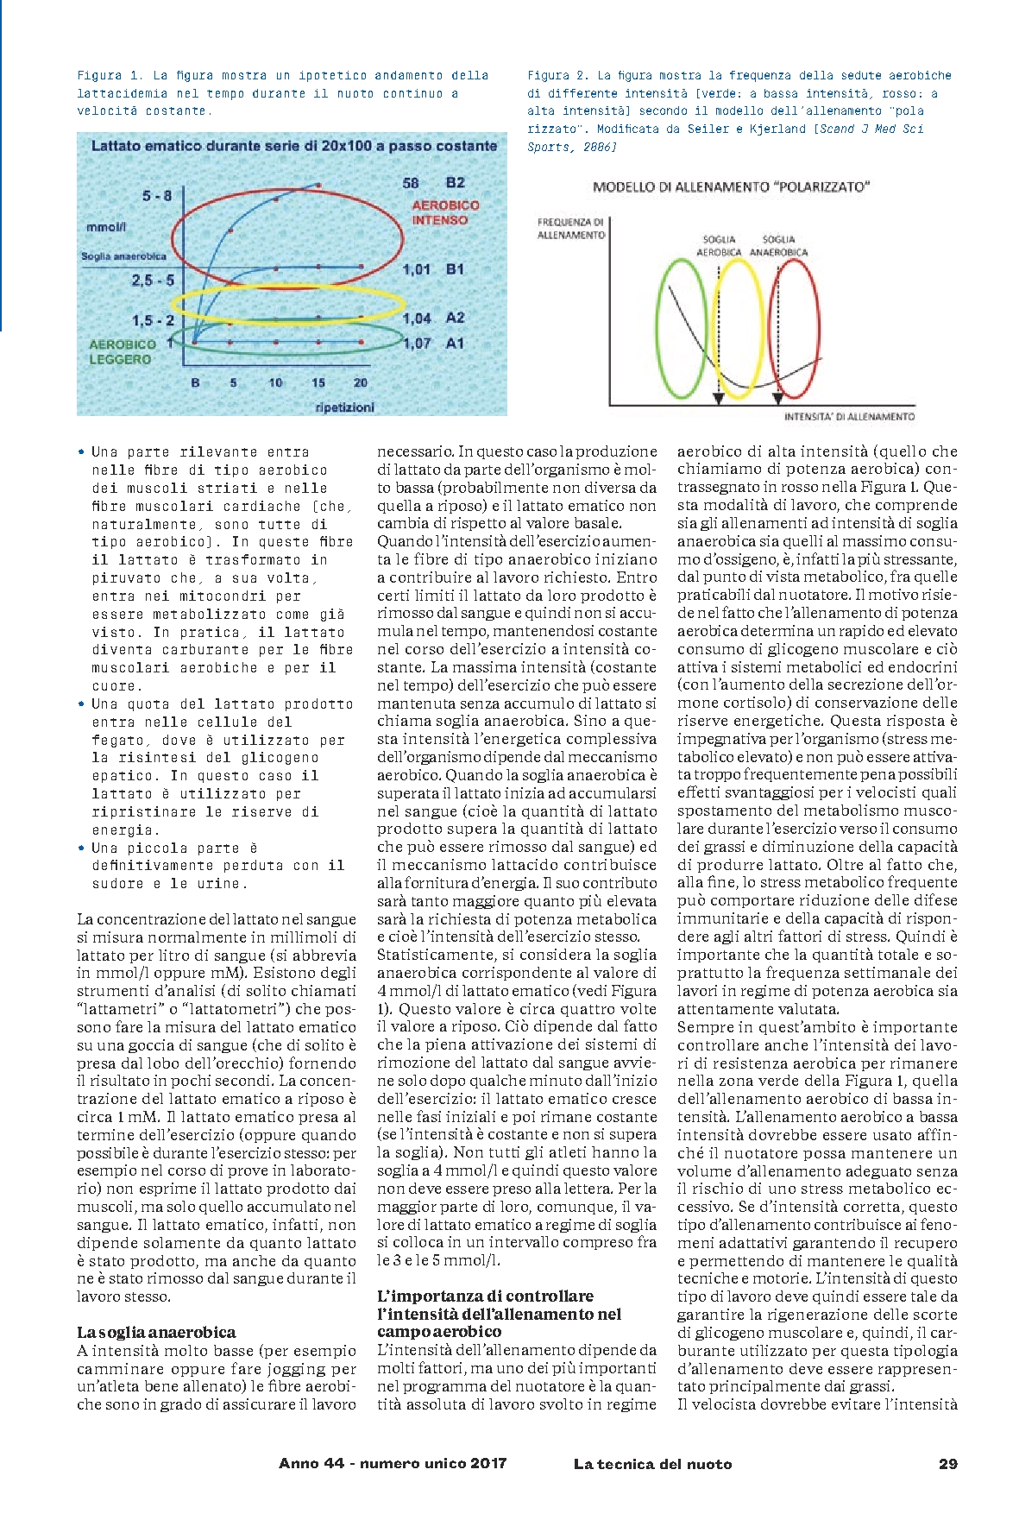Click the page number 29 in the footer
(947, 1464)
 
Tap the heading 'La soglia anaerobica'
(156, 1332)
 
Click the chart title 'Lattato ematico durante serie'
(293, 146)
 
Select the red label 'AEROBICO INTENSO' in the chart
(445, 212)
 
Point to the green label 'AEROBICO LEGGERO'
(122, 352)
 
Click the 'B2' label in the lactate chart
(456, 183)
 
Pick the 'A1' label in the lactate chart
(455, 344)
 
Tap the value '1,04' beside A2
(417, 319)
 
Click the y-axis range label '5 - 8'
(157, 196)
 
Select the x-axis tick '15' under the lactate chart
(318, 382)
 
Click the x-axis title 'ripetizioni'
(345, 407)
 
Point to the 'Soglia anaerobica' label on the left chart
(123, 256)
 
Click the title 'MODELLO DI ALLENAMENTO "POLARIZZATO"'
(731, 186)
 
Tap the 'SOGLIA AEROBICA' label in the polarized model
(719, 246)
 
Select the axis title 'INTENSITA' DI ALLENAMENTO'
(849, 417)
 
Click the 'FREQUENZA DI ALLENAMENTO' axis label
(571, 229)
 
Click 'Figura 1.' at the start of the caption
(110, 76)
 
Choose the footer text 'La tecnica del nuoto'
(652, 1464)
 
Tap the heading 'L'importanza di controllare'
(485, 1296)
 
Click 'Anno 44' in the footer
(311, 1464)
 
